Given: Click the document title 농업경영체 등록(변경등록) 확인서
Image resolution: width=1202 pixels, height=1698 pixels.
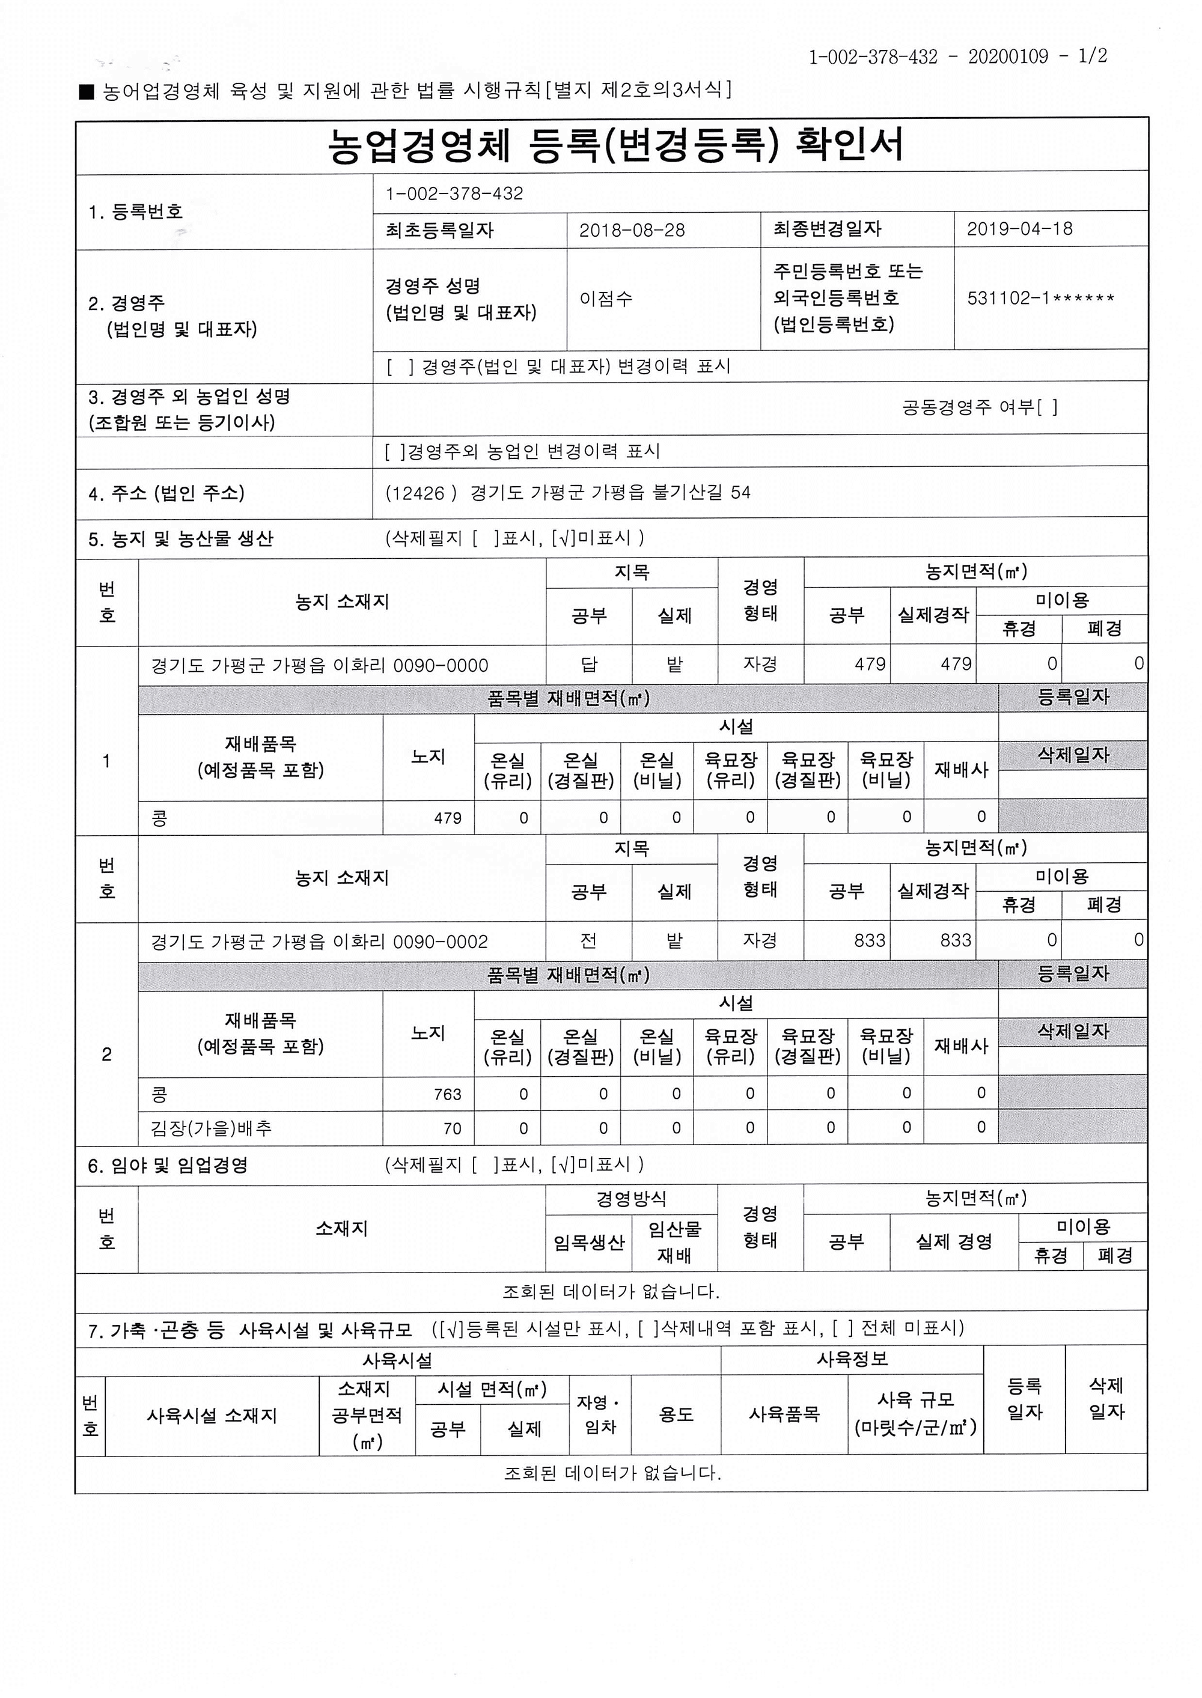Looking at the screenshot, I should tap(614, 145).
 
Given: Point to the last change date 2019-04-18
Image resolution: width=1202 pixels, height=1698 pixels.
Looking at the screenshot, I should tap(1019, 228).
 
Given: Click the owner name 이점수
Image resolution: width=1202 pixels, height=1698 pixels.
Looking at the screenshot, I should tap(605, 299).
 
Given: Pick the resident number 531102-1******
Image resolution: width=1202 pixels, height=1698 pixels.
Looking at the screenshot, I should tap(1040, 299).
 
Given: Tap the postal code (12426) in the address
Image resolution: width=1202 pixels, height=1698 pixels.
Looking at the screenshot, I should tap(421, 493).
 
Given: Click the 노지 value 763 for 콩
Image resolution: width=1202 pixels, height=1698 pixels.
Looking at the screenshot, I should tap(447, 1094).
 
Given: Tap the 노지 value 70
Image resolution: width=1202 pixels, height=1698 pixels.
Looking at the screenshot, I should tap(451, 1129).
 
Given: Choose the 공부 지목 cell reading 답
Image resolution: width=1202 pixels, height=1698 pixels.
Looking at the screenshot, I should tap(588, 665).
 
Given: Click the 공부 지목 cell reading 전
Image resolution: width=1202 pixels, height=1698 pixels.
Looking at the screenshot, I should tap(588, 940).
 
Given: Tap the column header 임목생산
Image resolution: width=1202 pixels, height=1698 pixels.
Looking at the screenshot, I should tap(588, 1243).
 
